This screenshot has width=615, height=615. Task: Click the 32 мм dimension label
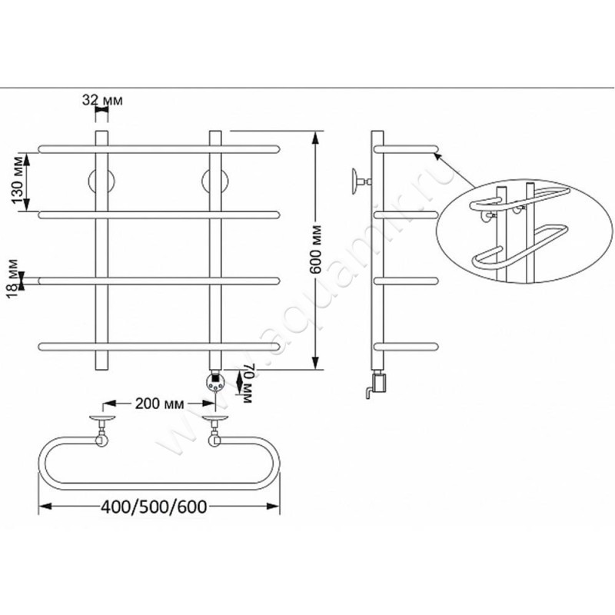click(102, 101)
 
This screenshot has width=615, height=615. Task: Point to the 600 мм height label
click(316, 249)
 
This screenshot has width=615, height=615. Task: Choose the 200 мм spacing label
click(159, 403)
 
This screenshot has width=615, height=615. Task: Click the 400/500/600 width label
click(155, 507)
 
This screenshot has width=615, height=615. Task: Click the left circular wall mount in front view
click(101, 181)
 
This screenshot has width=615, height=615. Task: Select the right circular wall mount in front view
click(215, 181)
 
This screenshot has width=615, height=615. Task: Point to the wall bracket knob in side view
click(356, 181)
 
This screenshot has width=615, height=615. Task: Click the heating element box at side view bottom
click(379, 383)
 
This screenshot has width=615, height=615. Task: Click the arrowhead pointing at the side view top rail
click(438, 157)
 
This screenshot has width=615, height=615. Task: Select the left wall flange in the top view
click(102, 417)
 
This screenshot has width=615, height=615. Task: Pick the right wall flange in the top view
click(215, 417)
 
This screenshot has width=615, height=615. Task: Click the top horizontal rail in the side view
click(406, 149)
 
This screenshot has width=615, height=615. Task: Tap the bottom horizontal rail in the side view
click(406, 347)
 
